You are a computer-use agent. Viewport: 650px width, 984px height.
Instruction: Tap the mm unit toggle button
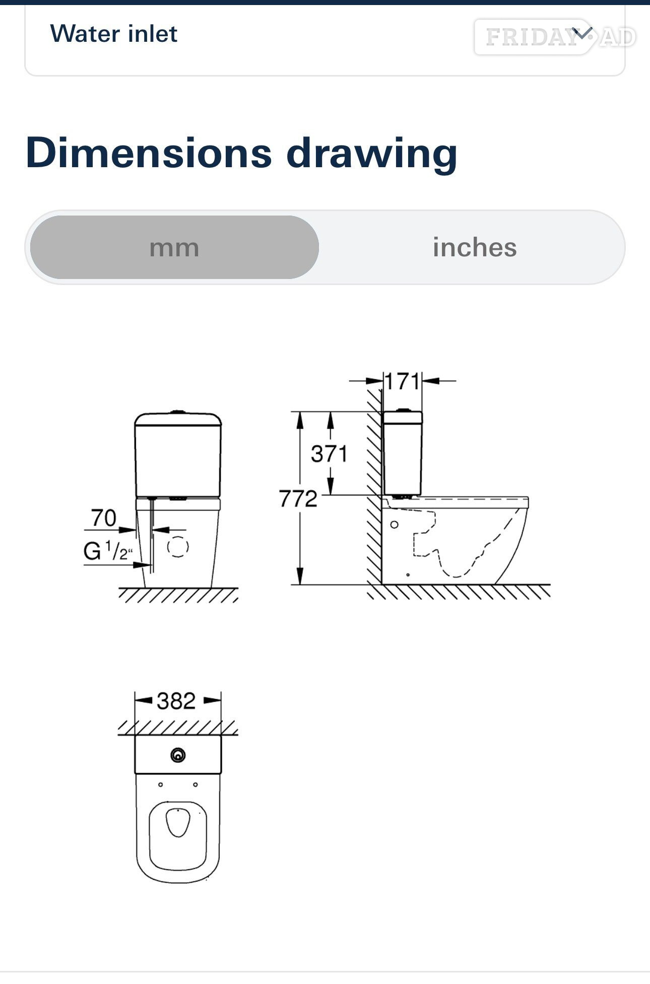coord(174,247)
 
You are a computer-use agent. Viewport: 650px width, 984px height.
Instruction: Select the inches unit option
coord(475,247)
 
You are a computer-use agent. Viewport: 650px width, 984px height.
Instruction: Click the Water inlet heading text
coord(114,34)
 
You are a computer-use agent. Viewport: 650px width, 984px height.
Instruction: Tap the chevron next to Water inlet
coord(582,34)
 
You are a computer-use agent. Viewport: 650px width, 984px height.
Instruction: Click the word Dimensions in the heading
coord(149,153)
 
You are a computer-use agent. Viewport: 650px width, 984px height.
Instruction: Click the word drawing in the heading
coord(372,154)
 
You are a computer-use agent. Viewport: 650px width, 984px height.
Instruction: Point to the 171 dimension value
coord(402,381)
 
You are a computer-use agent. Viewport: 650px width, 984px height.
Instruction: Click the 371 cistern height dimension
coord(329,454)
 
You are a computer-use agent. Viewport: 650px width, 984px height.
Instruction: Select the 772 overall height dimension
coord(298,499)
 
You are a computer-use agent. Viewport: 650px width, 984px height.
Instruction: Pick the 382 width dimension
coord(176,700)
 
